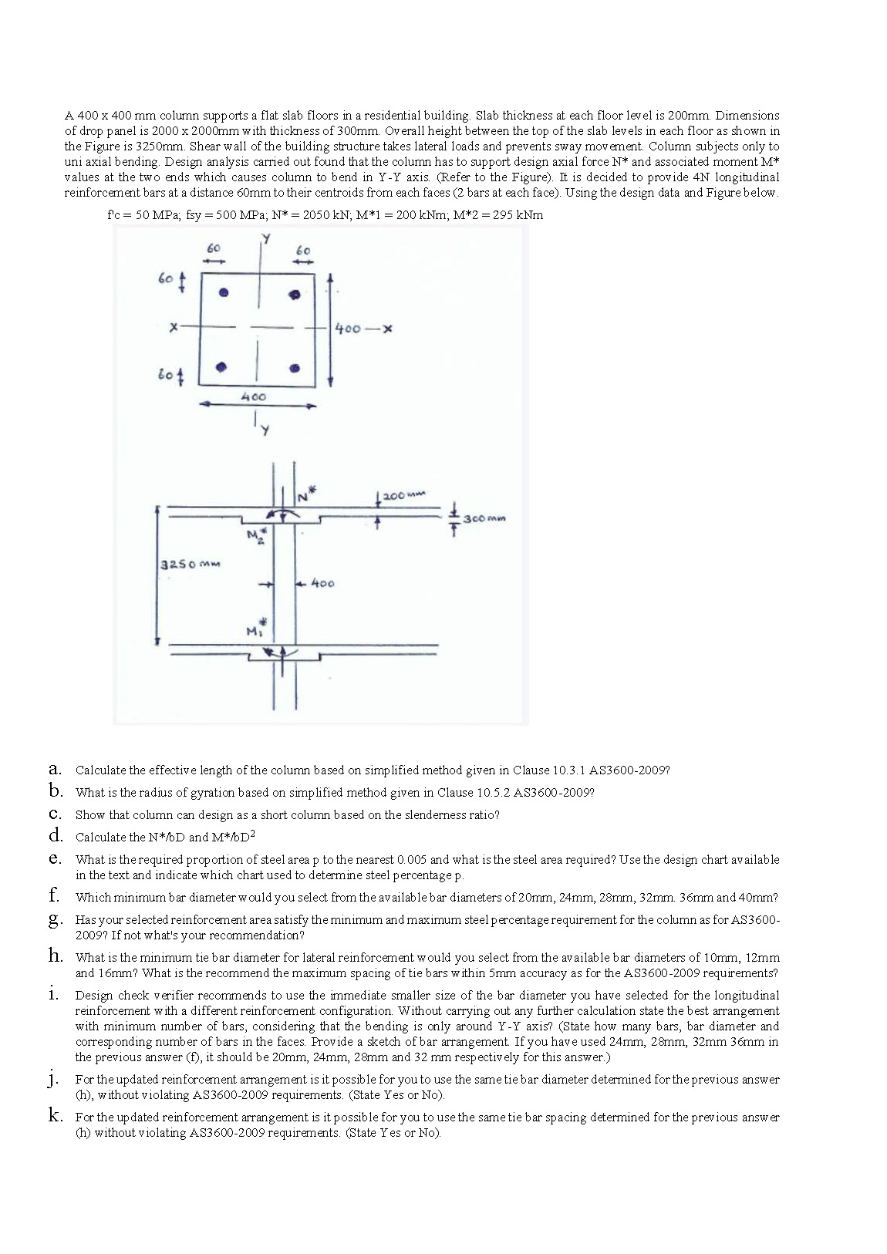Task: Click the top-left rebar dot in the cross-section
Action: coord(224,293)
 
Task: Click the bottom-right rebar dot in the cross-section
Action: coord(294,369)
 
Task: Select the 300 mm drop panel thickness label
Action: coord(484,518)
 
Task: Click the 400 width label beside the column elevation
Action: coord(322,584)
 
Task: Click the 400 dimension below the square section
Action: coord(253,396)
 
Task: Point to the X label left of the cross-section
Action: coord(175,328)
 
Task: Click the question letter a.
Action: coord(54,769)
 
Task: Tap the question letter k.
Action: coord(55,1116)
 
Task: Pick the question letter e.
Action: coord(54,858)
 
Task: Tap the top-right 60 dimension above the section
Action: coord(303,251)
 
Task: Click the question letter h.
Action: coord(55,956)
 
